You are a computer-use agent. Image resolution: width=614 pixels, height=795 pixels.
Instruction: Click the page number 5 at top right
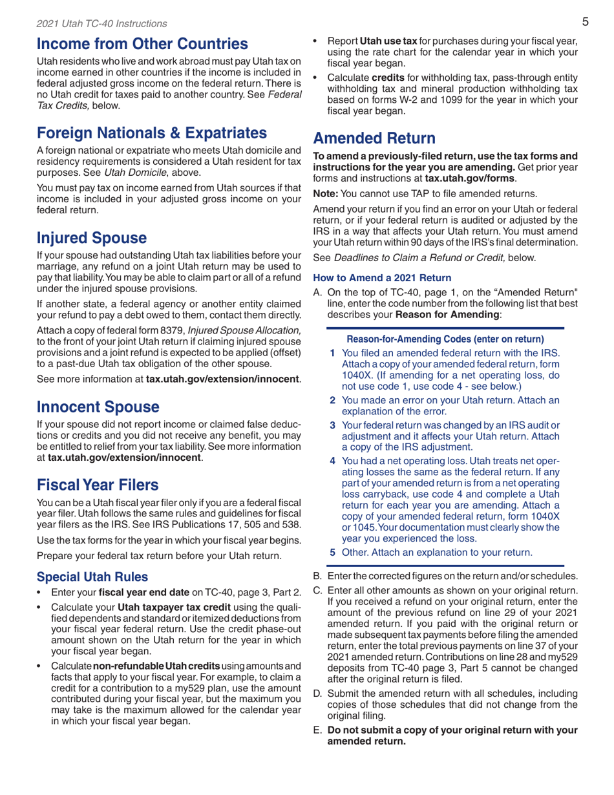(x=584, y=23)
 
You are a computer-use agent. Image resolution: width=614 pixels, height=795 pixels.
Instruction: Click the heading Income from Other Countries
(x=142, y=45)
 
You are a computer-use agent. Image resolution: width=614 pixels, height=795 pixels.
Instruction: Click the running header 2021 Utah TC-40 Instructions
(x=92, y=24)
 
